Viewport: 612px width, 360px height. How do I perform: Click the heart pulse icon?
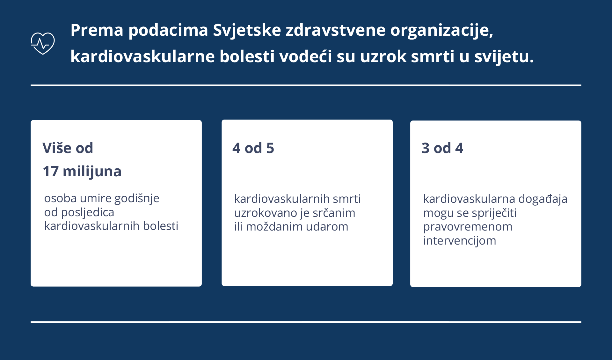[43, 43]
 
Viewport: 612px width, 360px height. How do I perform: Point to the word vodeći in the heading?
[306, 56]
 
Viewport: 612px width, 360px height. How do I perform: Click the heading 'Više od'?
[68, 148]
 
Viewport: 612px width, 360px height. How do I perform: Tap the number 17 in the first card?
[51, 172]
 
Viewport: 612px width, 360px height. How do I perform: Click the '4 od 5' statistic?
[253, 148]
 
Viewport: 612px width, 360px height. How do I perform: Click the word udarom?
[327, 227]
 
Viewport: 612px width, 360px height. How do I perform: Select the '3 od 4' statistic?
[442, 148]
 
